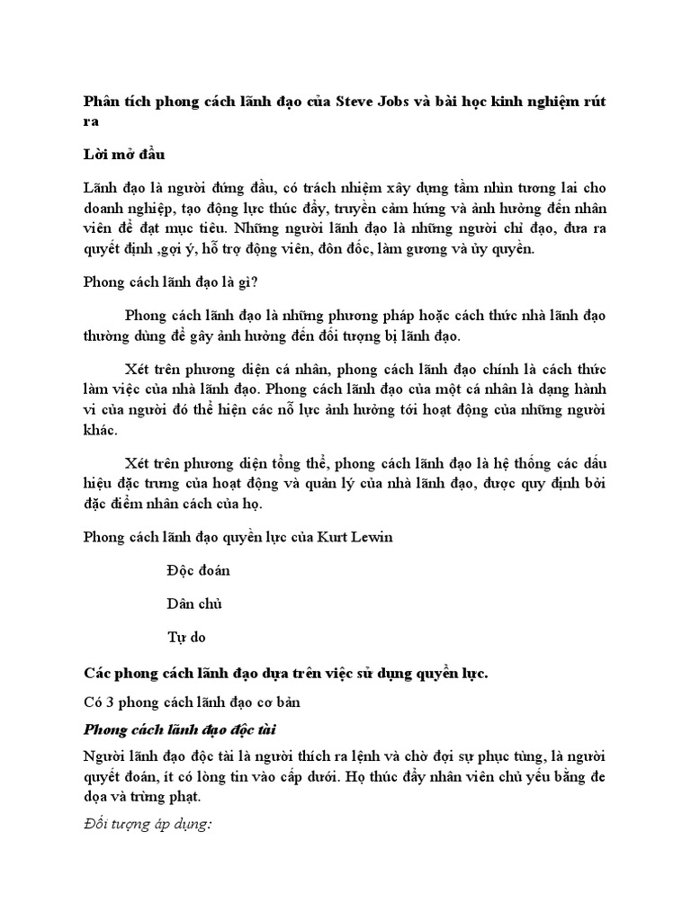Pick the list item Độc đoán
point(199,570)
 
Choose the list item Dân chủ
point(194,604)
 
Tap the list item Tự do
point(186,637)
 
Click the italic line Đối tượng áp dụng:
point(147,825)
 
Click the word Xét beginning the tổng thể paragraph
point(139,463)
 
